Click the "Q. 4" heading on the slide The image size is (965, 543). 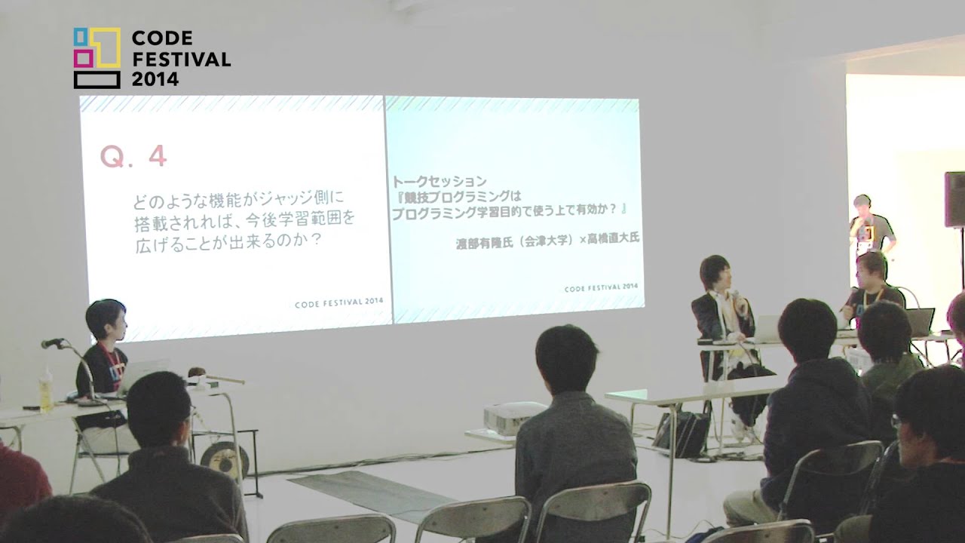point(133,156)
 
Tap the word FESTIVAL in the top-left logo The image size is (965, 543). point(181,59)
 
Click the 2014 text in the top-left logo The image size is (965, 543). point(155,78)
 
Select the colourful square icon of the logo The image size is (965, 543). point(96,57)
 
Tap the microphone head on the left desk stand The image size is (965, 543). point(52,343)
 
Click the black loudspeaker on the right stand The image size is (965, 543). point(954,199)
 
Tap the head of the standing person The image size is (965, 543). point(862,204)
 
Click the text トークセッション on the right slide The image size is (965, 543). point(440,182)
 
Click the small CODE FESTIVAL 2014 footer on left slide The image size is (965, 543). point(339,302)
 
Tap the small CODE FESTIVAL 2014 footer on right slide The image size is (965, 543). point(601,287)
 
